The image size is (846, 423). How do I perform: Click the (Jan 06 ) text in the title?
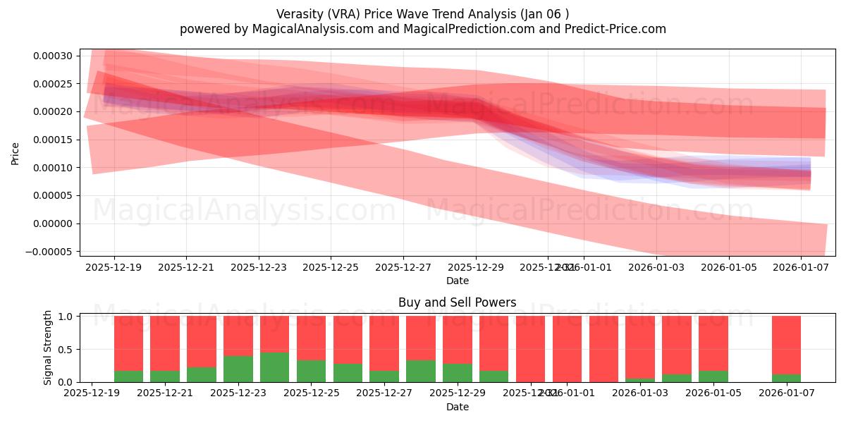[x=544, y=14]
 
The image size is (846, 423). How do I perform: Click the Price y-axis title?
[x=15, y=153]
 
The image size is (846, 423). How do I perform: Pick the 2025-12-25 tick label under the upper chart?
[x=331, y=268]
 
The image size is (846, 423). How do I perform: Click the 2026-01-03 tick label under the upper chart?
[x=656, y=268]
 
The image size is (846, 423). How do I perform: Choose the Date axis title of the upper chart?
[x=457, y=281]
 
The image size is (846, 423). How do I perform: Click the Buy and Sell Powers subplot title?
[x=457, y=302]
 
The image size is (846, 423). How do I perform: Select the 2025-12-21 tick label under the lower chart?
[x=164, y=393]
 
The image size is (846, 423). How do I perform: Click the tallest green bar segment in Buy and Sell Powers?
[x=274, y=367]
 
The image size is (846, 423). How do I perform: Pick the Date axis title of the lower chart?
[x=457, y=407]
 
